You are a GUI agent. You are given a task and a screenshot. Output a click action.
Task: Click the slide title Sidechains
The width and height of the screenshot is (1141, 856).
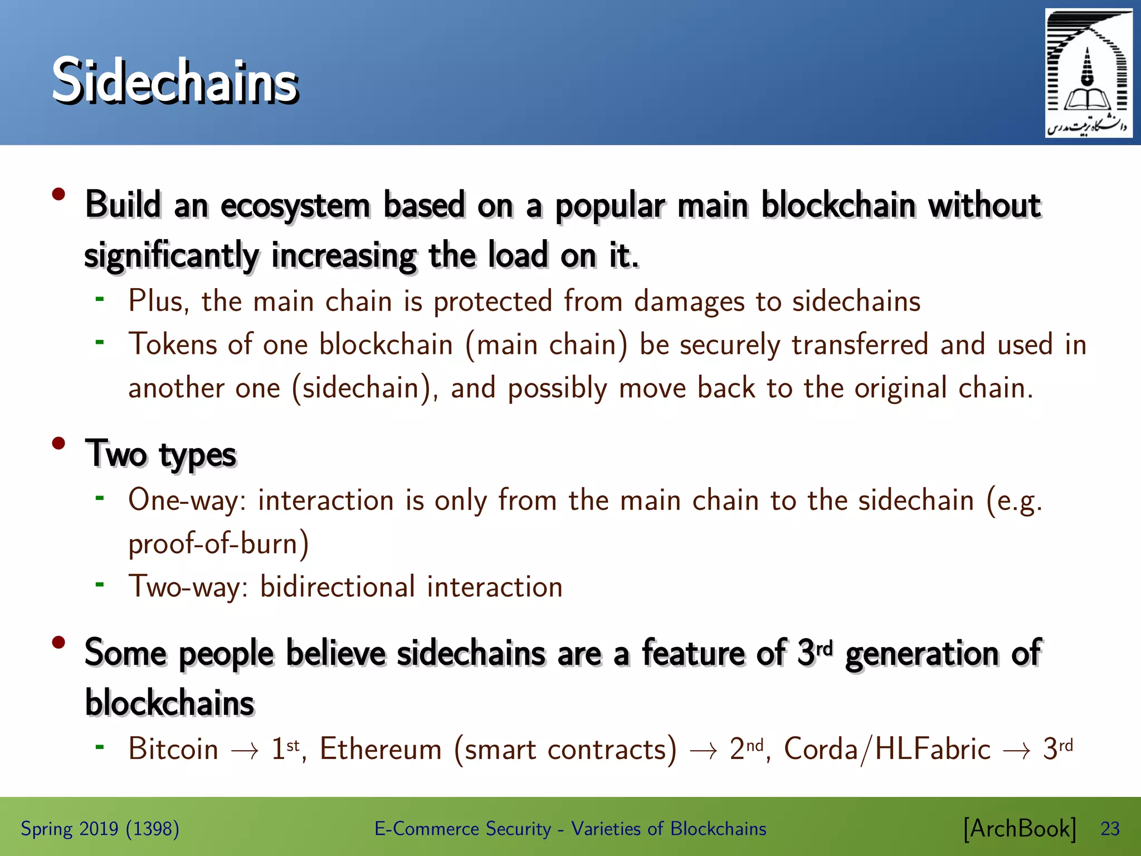(x=175, y=81)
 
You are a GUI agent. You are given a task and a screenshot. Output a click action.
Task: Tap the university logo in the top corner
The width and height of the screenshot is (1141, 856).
(x=1088, y=74)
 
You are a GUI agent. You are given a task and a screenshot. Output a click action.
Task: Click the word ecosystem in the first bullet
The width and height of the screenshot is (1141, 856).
(x=295, y=206)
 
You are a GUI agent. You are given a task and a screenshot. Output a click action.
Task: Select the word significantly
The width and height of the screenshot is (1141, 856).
(x=172, y=256)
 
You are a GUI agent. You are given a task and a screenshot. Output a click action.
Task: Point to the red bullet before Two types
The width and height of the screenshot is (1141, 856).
(x=58, y=444)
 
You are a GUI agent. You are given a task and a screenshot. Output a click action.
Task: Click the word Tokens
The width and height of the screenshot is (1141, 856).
(x=173, y=344)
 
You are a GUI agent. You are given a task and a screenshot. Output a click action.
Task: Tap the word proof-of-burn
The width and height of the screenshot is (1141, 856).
(x=218, y=543)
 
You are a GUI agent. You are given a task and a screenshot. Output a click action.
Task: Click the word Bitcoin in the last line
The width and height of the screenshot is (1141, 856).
(x=173, y=749)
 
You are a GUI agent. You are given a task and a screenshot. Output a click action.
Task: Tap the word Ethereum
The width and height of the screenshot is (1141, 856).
(x=381, y=749)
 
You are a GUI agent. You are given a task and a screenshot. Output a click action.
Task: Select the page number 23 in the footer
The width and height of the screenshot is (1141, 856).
(x=1110, y=829)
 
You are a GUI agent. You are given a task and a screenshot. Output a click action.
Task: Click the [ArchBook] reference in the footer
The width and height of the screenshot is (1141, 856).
(x=1019, y=829)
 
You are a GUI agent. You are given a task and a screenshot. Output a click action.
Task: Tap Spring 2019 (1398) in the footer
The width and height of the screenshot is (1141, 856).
(x=100, y=829)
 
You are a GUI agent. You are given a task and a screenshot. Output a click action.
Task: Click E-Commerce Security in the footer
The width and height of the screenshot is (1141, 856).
(x=462, y=829)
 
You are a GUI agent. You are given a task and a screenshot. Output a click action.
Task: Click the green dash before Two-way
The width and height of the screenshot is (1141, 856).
(x=100, y=585)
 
